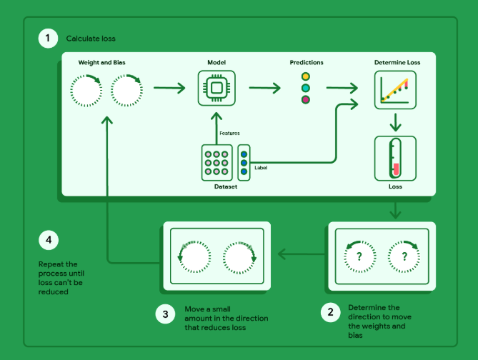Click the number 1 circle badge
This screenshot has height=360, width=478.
[x=48, y=38]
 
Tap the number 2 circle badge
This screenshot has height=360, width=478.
[x=330, y=312]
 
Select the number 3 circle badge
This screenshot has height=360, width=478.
[x=165, y=313]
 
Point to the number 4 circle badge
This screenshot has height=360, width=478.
[x=48, y=240]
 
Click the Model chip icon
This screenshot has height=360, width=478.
[x=216, y=89]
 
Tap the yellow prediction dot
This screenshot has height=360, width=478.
[x=306, y=76]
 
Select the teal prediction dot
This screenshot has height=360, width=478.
[x=306, y=88]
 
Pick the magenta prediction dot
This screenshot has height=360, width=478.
[x=306, y=100]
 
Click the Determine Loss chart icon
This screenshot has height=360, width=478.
[x=395, y=90]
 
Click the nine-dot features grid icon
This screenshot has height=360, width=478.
[x=216, y=163]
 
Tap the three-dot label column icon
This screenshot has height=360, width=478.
[x=244, y=163]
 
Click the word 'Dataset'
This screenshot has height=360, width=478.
[x=226, y=187]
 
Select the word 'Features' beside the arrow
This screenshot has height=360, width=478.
[x=229, y=133]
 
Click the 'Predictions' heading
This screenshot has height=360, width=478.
[x=306, y=63]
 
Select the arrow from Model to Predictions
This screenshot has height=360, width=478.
[x=264, y=89]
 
